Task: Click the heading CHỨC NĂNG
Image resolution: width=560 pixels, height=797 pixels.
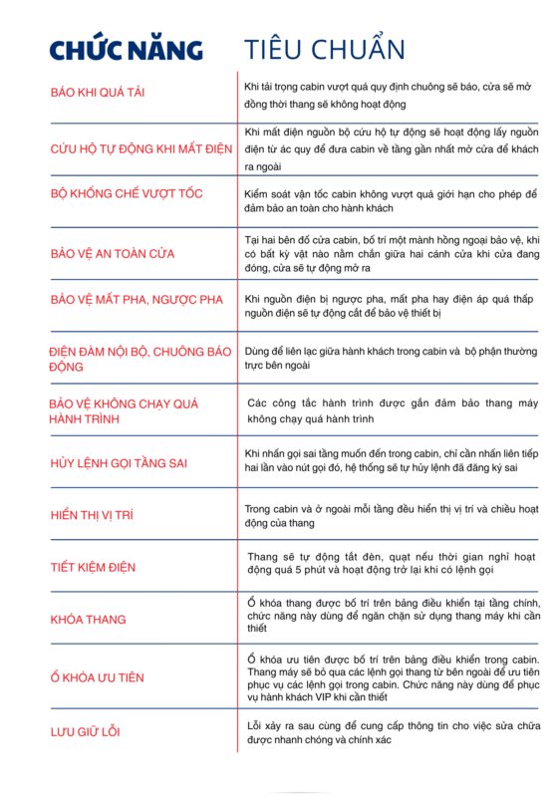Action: tap(127, 49)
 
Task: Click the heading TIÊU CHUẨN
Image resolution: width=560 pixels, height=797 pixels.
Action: tap(324, 49)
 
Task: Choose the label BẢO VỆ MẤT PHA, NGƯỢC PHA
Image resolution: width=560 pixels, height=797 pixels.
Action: tap(133, 300)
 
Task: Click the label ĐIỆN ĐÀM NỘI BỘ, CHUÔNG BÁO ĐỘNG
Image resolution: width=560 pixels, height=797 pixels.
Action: tap(140, 359)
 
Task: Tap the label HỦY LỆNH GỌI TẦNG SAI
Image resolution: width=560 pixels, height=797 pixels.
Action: tap(119, 463)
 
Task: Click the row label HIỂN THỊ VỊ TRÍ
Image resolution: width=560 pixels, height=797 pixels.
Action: tap(92, 515)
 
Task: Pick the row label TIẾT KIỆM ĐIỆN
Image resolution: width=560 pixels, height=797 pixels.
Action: tap(92, 567)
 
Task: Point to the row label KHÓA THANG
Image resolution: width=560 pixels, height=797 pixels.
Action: tap(88, 620)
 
